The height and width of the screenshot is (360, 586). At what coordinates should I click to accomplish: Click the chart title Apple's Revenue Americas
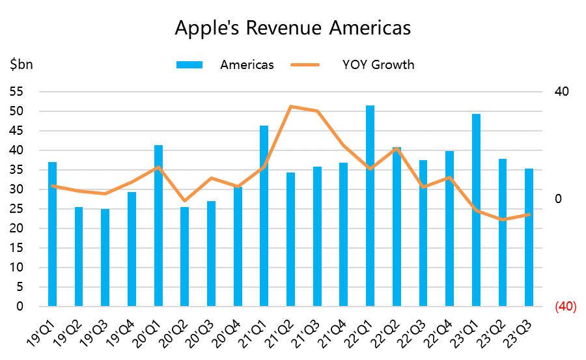point(293,29)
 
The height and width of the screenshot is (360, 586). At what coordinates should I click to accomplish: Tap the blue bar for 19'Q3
point(105,258)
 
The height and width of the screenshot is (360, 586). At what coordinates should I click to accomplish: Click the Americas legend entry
point(246,64)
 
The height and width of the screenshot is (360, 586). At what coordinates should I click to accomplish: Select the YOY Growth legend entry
point(378,64)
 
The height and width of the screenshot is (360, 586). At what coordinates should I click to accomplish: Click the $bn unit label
point(21,64)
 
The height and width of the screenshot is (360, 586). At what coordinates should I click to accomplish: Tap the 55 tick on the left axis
point(16,92)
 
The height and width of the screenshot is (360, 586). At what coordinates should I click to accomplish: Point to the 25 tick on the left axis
point(16,209)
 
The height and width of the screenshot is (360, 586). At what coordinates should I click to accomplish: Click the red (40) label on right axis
point(565,307)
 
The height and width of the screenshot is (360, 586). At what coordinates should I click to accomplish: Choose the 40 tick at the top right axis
point(561,92)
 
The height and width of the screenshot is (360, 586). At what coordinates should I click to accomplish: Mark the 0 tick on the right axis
point(557,199)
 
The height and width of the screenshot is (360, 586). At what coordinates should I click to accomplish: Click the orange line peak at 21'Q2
point(290,106)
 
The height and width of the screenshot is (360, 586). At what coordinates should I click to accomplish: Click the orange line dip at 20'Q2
point(184,201)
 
